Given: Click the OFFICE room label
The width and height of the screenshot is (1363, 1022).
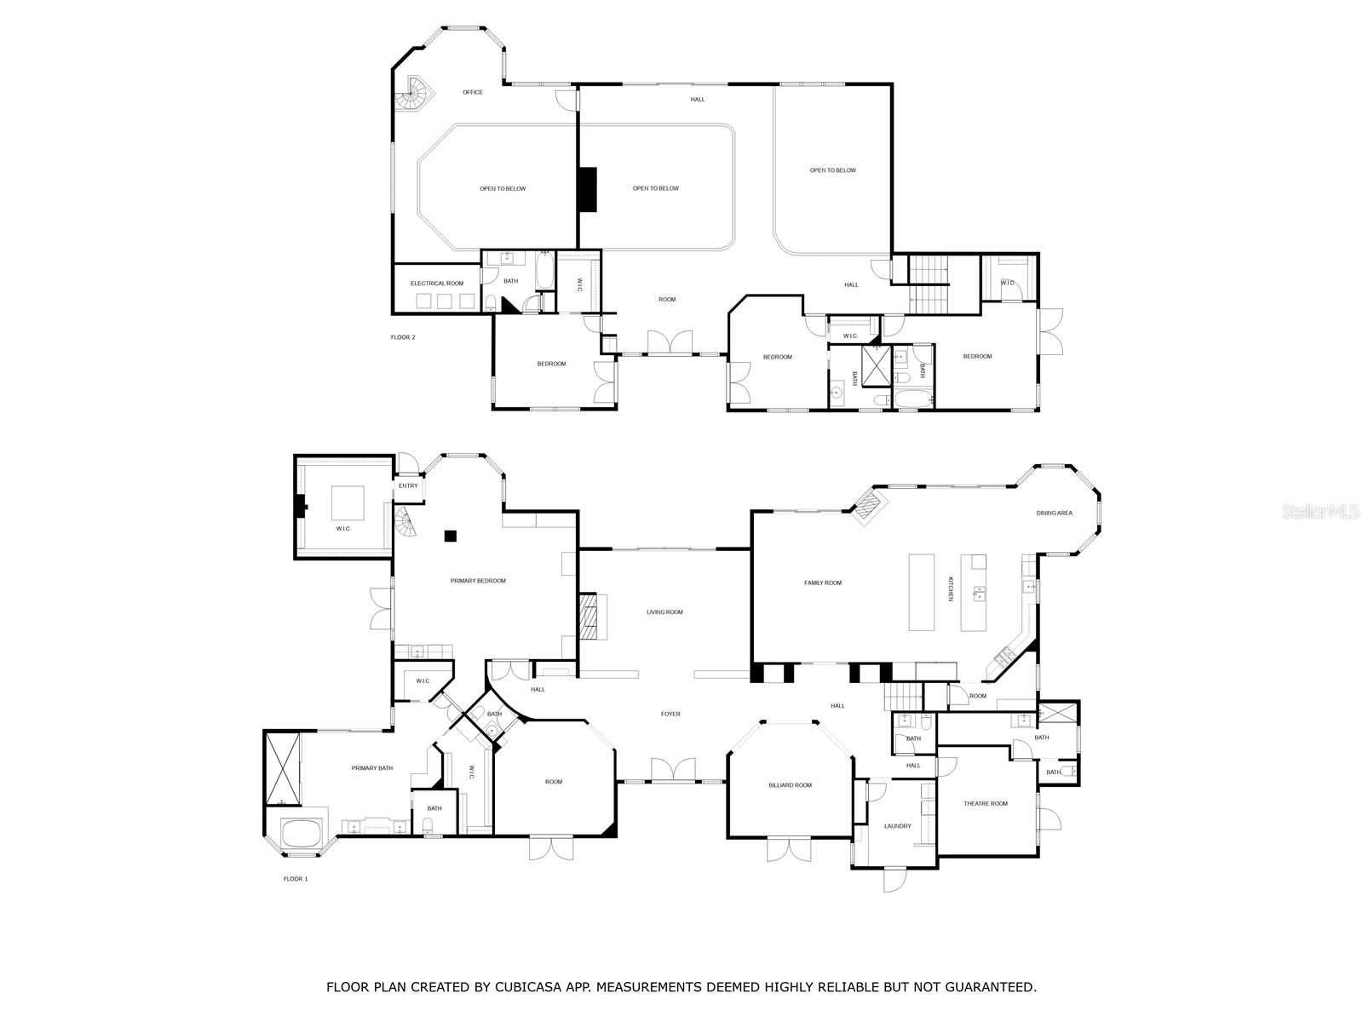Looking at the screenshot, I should (x=473, y=92).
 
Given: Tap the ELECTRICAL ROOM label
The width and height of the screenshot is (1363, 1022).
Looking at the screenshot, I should (x=437, y=283).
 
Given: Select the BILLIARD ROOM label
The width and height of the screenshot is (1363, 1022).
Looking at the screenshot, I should (x=791, y=785).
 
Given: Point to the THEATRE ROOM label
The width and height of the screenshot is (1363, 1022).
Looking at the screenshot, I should (x=986, y=803).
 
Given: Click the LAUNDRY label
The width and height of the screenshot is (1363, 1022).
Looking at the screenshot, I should (x=898, y=826).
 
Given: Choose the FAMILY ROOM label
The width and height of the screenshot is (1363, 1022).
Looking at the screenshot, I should (x=823, y=583).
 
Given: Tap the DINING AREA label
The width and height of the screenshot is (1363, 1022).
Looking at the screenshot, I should (x=1054, y=513).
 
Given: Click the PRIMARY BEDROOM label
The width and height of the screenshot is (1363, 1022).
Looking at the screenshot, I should (x=478, y=581).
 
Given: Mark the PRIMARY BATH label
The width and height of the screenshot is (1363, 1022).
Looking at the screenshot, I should (x=372, y=768).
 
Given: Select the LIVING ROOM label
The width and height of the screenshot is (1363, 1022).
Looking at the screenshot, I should (x=664, y=611).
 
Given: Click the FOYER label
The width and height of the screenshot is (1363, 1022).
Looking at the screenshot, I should (x=670, y=714).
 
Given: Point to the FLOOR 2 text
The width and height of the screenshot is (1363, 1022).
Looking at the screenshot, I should (x=403, y=337).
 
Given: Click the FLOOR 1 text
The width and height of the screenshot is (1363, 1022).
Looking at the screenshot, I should (x=295, y=878).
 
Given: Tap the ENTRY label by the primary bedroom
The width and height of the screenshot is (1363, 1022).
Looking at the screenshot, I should (x=408, y=485).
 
